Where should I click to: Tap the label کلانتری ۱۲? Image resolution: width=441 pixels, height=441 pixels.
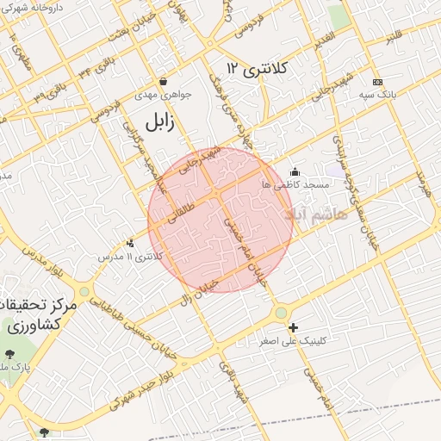point(256,67)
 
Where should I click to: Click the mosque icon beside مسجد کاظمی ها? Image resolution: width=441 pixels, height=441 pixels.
point(295,172)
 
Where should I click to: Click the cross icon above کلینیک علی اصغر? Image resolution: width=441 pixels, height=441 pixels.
point(294,327)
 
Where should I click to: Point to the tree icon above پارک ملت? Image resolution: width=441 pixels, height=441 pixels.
point(9,354)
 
